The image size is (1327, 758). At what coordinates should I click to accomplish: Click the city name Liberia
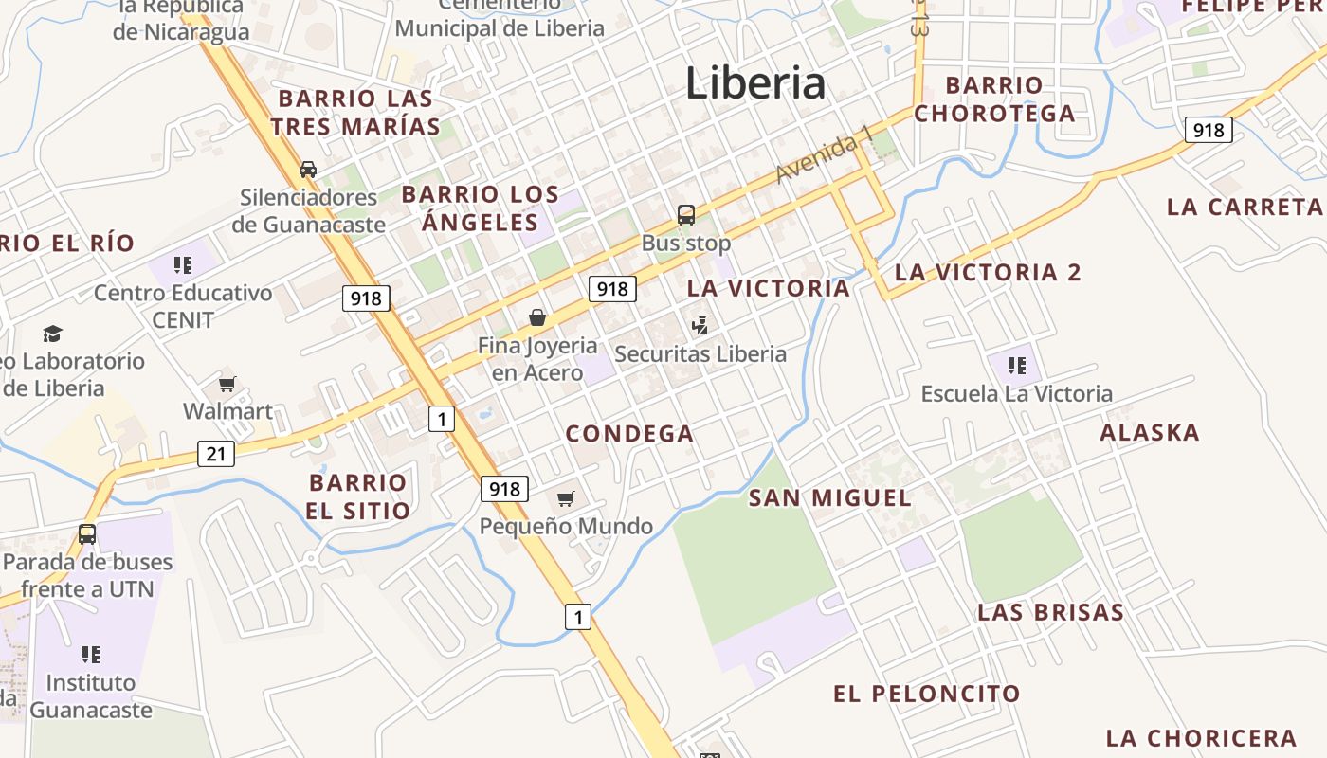point(755,83)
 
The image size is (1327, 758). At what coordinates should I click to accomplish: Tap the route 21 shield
point(216,454)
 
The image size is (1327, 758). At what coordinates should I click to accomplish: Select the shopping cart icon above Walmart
point(227,384)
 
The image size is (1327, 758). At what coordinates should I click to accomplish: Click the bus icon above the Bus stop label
point(686,215)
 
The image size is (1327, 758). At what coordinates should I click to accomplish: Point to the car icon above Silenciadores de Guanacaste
point(308,170)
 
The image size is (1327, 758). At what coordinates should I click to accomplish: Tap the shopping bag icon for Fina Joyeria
point(537,317)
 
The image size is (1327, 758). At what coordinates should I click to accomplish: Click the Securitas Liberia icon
point(700,326)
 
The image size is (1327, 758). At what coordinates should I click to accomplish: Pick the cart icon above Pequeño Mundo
point(566,498)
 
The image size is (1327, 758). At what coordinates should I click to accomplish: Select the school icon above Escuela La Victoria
point(1017,366)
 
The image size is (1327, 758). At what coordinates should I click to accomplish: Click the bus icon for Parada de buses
point(87,534)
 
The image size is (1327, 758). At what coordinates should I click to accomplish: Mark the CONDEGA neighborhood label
point(629,434)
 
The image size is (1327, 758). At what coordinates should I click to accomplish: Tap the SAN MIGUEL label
point(830,497)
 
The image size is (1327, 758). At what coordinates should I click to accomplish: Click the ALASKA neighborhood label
point(1150,433)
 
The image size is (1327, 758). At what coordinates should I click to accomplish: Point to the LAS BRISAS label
point(1050,612)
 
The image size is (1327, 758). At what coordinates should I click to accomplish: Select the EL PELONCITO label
point(926,694)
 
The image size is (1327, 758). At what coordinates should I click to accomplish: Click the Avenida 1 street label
point(823,157)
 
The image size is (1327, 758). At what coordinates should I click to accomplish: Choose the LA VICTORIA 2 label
point(988,273)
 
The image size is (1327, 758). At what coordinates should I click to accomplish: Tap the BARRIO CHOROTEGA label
point(994,99)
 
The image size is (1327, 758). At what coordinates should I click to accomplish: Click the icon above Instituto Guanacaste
point(91,654)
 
